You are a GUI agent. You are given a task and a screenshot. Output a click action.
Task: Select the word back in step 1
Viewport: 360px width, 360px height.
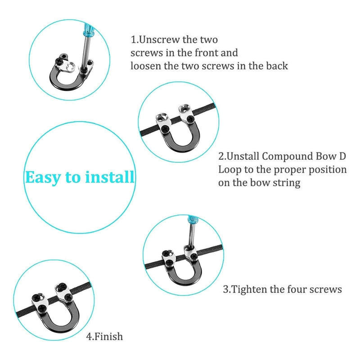[275, 66]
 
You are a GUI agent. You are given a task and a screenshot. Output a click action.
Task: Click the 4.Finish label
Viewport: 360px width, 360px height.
[104, 336]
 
